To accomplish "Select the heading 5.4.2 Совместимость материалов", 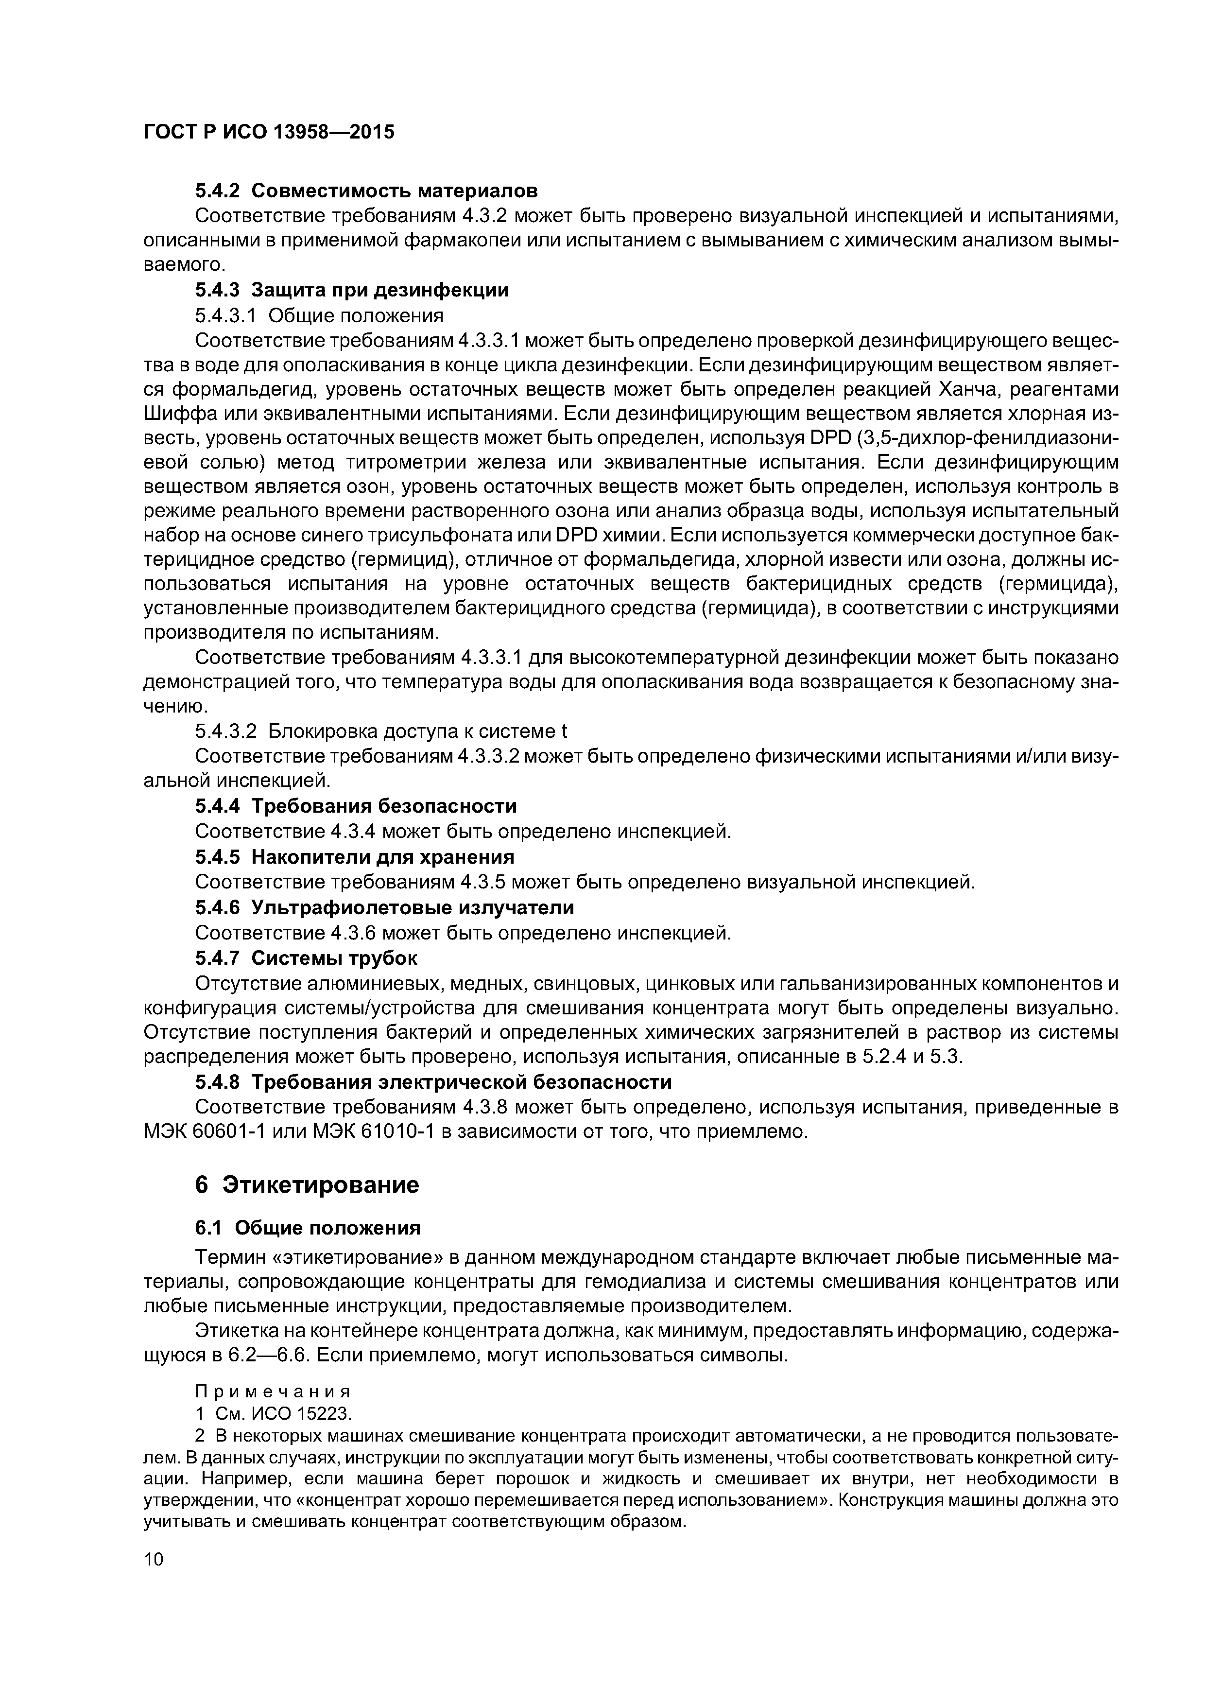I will click(x=366, y=191).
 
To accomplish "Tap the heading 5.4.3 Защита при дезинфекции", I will click(x=352, y=290).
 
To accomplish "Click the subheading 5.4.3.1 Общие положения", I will click(x=319, y=315).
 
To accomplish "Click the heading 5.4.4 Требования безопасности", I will click(x=356, y=806).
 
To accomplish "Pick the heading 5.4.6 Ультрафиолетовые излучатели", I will click(x=385, y=907).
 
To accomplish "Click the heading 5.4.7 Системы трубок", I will click(x=306, y=958).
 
